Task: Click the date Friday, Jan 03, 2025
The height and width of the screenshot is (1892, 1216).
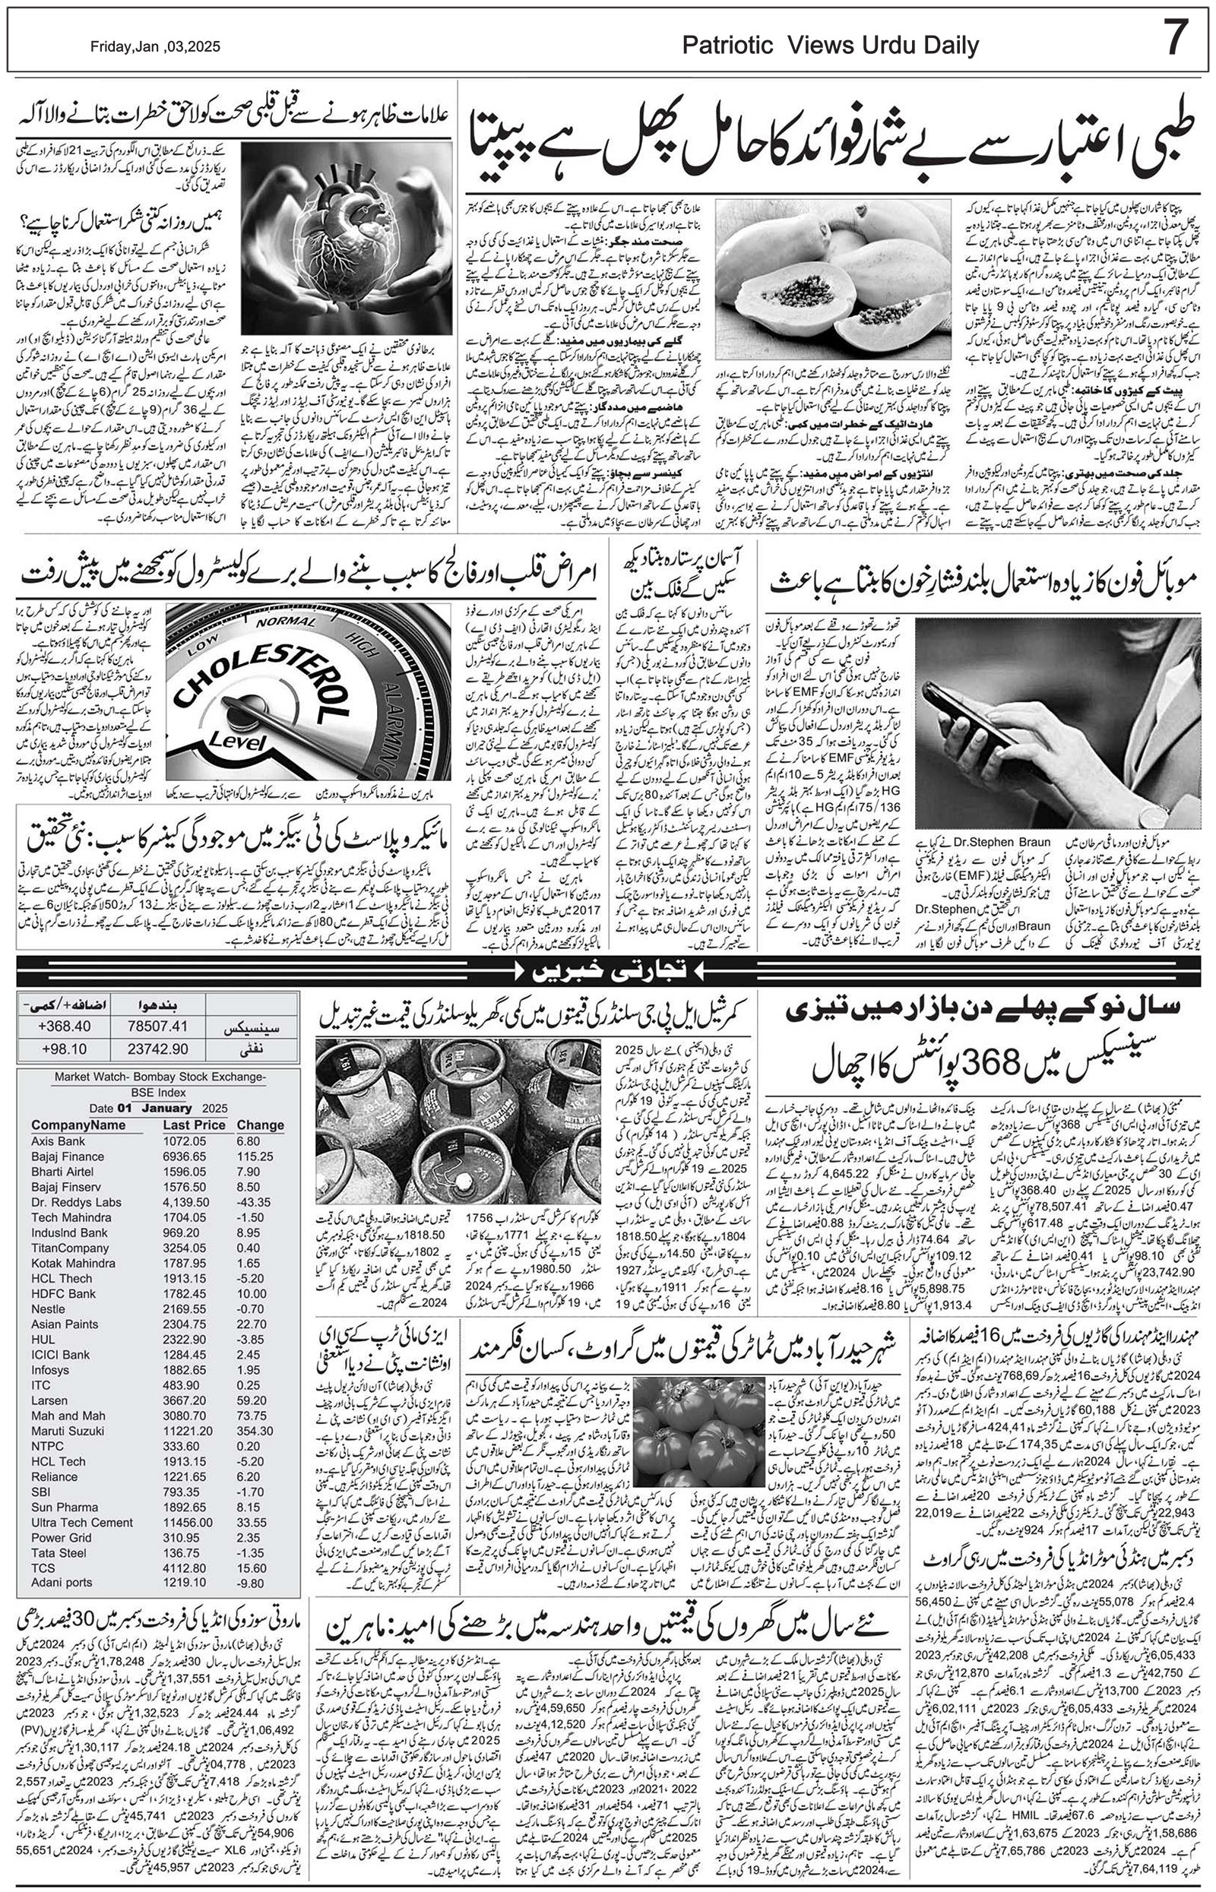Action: (156, 46)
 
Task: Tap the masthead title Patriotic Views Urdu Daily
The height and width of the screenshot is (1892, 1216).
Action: (831, 45)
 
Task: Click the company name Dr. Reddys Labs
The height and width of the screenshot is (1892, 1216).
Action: (77, 1202)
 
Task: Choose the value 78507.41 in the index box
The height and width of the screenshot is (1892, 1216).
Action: (158, 1025)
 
